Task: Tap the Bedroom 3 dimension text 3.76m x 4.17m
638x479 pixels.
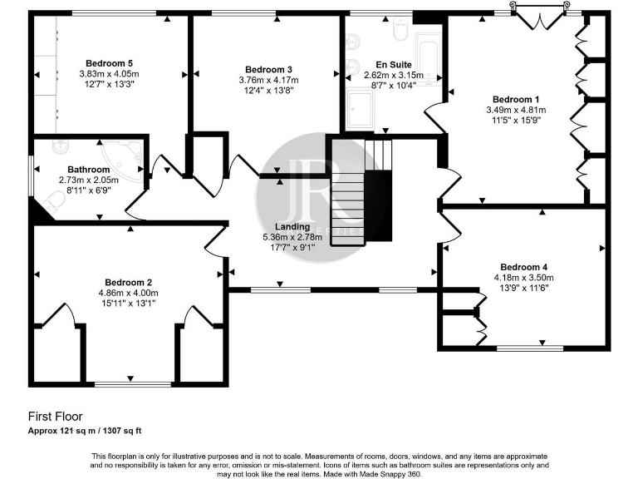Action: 268,80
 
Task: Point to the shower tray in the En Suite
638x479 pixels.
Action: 361,109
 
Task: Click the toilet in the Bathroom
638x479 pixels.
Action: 57,148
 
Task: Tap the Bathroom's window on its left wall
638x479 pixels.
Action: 33,175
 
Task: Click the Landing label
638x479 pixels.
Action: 292,226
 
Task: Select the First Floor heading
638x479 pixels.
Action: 55,416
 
